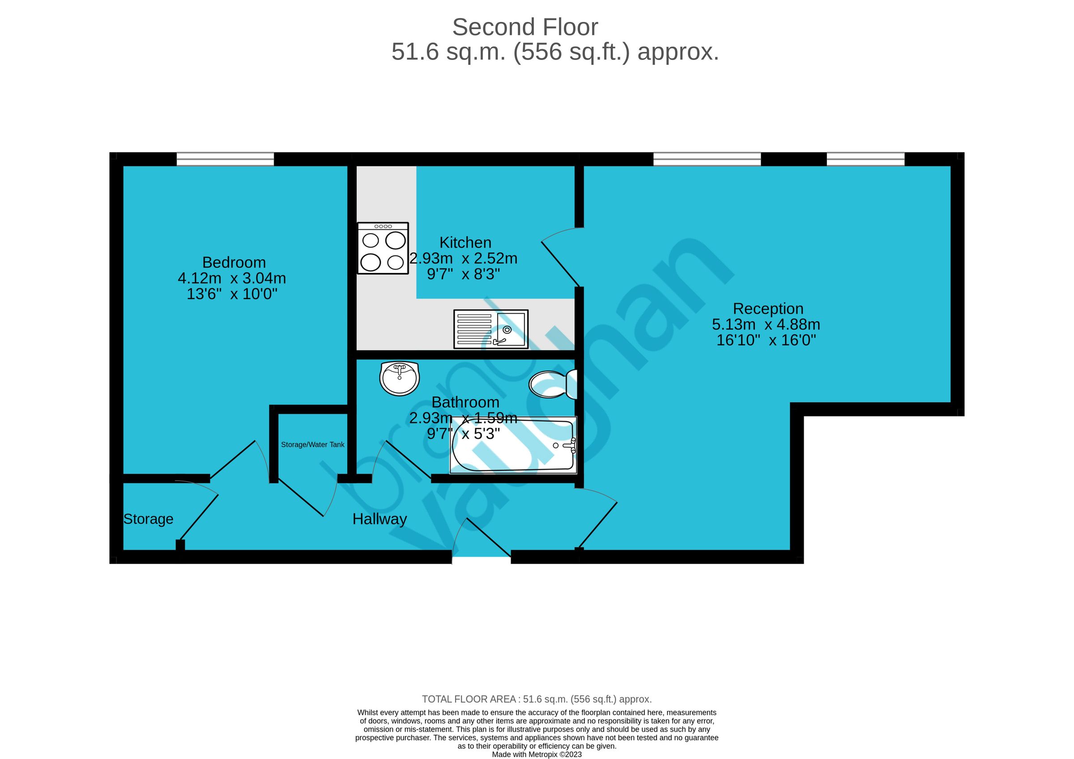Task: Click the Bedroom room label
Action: (234, 262)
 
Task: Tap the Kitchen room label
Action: (465, 243)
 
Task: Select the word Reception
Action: (767, 309)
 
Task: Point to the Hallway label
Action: (379, 519)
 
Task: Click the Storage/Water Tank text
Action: (312, 445)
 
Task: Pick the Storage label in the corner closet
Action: (148, 519)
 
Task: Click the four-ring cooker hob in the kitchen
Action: (383, 248)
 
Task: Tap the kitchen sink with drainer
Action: (490, 329)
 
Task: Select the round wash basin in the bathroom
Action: (399, 378)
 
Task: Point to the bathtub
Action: (513, 445)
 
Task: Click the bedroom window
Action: (225, 159)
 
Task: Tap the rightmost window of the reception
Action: (865, 159)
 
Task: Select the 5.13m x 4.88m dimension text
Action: (766, 324)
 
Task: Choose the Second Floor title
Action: (525, 27)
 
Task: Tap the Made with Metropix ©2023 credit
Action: (537, 755)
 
